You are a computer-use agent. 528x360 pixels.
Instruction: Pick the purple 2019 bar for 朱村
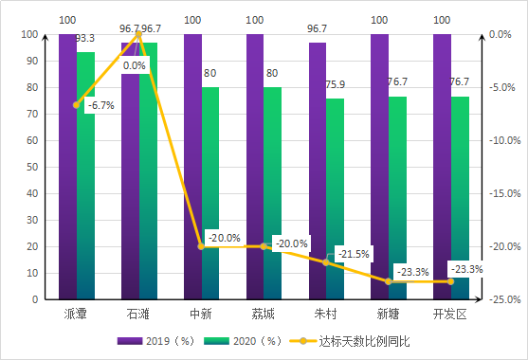pyautogui.click(x=317, y=171)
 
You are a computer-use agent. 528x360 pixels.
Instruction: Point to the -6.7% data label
pyautogui.click(x=100, y=106)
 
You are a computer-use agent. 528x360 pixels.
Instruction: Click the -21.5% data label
pyautogui.click(x=354, y=254)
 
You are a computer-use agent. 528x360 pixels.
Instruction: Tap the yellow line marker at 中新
pyautogui.click(x=201, y=246)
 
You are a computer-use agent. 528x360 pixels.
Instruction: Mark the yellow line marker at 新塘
pyautogui.click(x=388, y=281)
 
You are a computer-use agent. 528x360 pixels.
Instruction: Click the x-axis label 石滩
pyautogui.click(x=138, y=314)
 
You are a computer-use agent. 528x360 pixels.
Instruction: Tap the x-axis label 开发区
pyautogui.click(x=449, y=314)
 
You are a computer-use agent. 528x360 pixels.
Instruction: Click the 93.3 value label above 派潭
pyautogui.click(x=84, y=39)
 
